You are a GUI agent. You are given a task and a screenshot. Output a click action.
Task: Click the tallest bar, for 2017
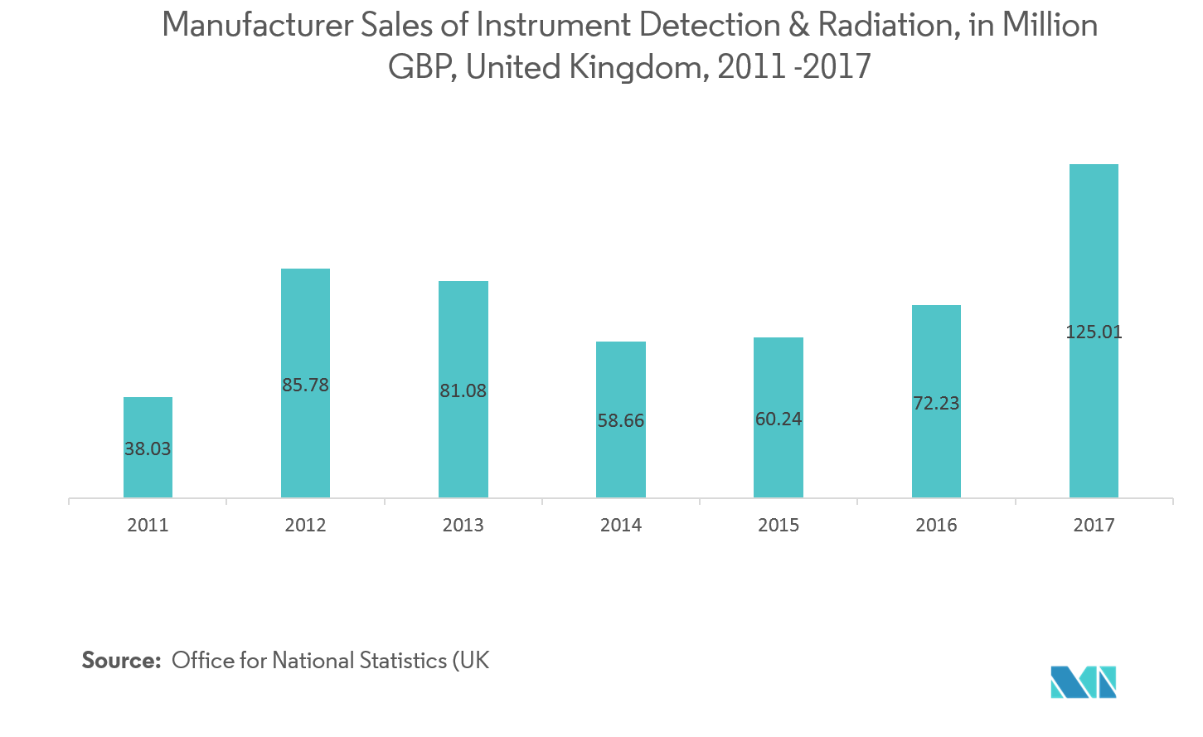click(x=1094, y=249)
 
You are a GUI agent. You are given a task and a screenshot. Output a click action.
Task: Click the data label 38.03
click(x=148, y=449)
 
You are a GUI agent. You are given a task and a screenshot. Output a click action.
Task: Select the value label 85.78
click(x=305, y=385)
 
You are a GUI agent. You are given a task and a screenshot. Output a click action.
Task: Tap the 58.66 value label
click(x=620, y=421)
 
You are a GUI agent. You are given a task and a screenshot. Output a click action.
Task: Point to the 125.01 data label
click(x=1094, y=332)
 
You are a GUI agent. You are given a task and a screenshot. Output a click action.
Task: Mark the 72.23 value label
click(x=936, y=404)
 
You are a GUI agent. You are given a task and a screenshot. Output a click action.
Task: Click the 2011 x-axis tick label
click(x=148, y=526)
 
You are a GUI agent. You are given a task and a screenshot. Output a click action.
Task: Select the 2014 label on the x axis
click(x=620, y=526)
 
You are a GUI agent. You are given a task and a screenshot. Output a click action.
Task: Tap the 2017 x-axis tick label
click(x=1094, y=526)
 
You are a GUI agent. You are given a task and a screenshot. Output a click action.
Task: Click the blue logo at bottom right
click(x=1084, y=681)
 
